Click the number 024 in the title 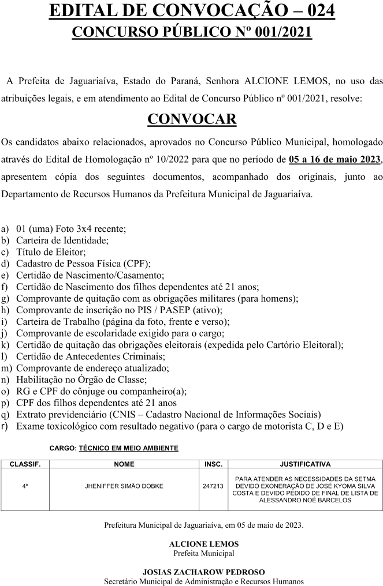[319, 10]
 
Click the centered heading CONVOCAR [192, 119]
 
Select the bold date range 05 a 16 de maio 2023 [334, 159]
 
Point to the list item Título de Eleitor [51, 251]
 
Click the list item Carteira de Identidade [62, 240]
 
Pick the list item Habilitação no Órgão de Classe [81, 380]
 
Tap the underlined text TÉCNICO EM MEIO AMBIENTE [129, 448]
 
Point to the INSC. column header [213, 464]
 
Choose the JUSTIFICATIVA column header [305, 464]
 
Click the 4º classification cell [25, 486]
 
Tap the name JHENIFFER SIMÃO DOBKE [124, 486]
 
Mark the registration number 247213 [213, 486]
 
